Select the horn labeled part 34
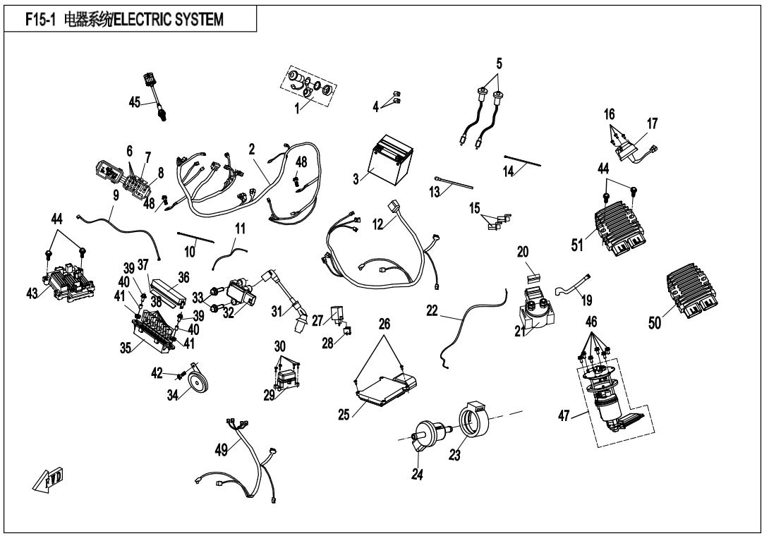click(194, 386)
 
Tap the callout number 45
click(135, 102)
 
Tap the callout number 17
click(652, 123)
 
